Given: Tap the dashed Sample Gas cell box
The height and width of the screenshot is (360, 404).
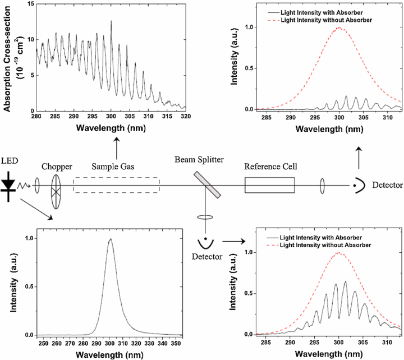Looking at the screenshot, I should click(x=116, y=185).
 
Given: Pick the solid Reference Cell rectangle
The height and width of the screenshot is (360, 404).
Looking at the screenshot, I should click(x=269, y=185).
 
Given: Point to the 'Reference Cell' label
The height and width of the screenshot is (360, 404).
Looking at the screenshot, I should click(x=270, y=167).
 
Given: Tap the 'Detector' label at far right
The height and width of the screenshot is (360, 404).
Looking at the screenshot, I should click(x=387, y=185).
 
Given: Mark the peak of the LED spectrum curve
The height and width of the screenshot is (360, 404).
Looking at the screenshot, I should click(x=111, y=239).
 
